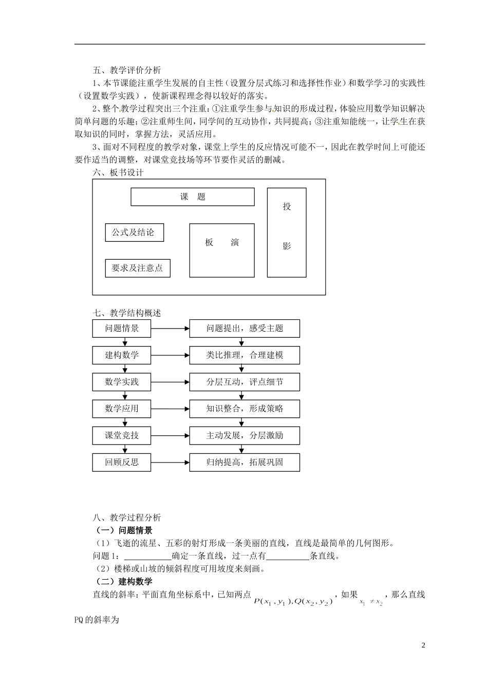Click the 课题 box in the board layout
[x=193, y=197]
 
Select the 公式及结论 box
[x=135, y=233]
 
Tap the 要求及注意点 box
[x=137, y=268]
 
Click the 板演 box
[x=222, y=251]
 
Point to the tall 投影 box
[x=287, y=232]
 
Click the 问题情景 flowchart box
[x=122, y=329]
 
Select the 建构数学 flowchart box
[x=122, y=355]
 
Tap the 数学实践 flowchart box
[x=122, y=382]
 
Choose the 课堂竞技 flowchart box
[x=122, y=435]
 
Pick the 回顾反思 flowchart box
[x=122, y=462]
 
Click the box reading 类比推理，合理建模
[x=245, y=355]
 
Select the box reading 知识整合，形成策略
[x=245, y=409]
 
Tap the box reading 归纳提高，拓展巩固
[x=245, y=462]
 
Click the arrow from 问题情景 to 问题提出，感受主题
[x=170, y=329]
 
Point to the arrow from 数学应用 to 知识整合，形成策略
[x=170, y=409]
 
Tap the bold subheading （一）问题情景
[x=123, y=531]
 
